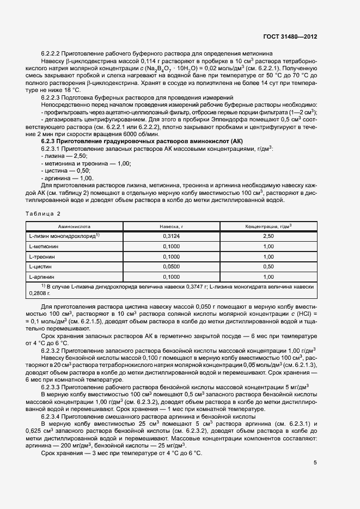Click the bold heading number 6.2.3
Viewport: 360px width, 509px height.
click(50, 141)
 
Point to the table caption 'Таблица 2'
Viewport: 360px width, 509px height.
click(44, 213)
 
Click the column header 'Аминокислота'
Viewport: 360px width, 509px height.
click(75, 226)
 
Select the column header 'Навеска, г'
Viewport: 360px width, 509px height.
click(172, 226)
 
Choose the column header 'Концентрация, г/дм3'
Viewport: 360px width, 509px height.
click(268, 226)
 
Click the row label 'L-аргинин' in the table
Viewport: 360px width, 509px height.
click(42, 277)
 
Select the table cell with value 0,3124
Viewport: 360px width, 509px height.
click(172, 236)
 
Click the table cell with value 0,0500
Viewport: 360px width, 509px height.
click(172, 267)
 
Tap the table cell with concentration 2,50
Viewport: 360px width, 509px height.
click(268, 236)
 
